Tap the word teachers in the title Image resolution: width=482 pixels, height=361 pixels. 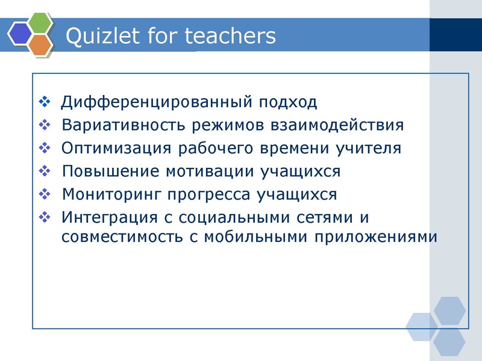point(230,36)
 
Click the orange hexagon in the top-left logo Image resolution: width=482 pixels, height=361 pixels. point(39,45)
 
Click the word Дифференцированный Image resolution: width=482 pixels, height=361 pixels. point(157,102)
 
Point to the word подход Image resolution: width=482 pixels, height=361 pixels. point(288,102)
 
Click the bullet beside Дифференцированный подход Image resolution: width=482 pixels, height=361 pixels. point(45,102)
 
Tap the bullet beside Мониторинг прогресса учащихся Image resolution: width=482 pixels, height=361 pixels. point(45,195)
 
